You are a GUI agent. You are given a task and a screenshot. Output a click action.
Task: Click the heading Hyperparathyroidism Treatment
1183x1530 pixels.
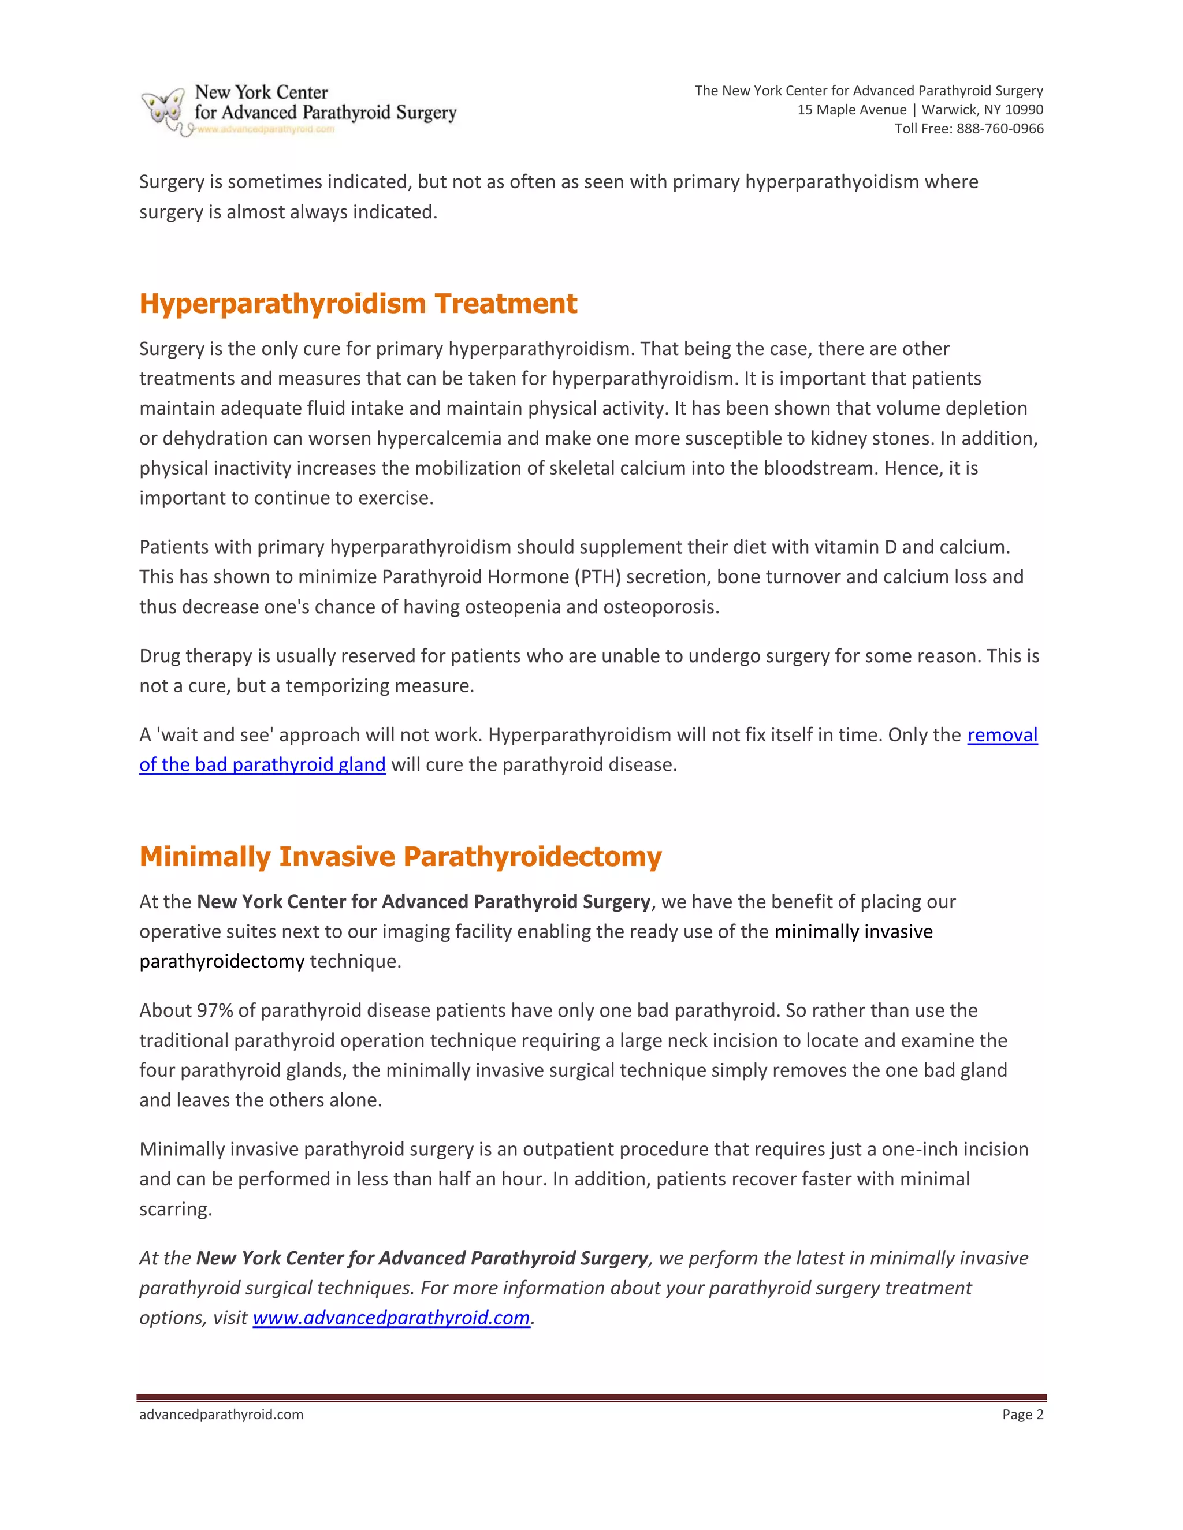click(358, 303)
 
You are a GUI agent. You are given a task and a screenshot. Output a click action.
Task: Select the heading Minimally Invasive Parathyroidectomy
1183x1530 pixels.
click(400, 856)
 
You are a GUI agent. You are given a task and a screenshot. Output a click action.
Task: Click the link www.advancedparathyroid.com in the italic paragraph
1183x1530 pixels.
click(391, 1318)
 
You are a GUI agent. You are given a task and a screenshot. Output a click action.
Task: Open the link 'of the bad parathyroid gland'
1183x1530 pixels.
click(262, 764)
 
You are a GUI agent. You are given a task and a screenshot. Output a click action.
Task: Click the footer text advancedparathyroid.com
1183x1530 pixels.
click(221, 1415)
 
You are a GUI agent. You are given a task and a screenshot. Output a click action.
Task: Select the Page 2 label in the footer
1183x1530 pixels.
click(1022, 1415)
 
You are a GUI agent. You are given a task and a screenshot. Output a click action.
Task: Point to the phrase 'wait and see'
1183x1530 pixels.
click(214, 735)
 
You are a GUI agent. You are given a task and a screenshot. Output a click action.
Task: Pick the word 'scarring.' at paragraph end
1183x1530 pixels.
click(175, 1209)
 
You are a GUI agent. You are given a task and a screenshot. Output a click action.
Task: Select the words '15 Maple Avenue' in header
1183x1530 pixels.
click(851, 110)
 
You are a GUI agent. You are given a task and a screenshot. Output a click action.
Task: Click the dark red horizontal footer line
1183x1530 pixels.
click(591, 1398)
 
